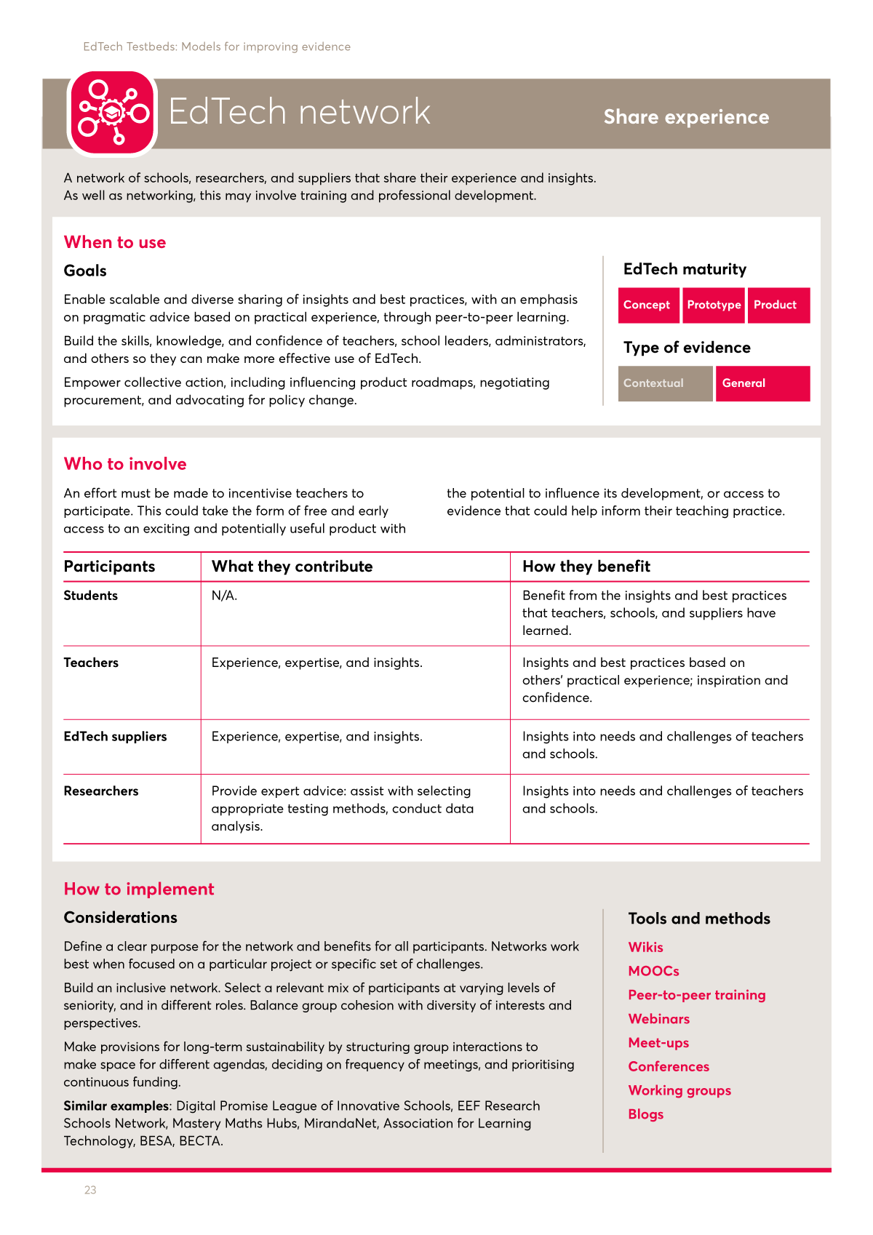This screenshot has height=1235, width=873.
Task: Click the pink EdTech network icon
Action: click(x=112, y=112)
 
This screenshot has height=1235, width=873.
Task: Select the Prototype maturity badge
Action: click(x=714, y=305)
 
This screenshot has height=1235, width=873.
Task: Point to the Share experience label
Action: click(x=686, y=117)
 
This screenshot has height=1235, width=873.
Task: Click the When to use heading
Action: click(x=115, y=242)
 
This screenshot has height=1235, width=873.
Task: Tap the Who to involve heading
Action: click(x=125, y=464)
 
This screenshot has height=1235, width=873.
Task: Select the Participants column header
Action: click(x=109, y=567)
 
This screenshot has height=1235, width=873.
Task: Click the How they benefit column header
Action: click(x=586, y=567)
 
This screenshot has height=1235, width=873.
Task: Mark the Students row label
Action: click(x=90, y=596)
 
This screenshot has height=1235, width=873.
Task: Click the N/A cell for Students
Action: click(x=224, y=596)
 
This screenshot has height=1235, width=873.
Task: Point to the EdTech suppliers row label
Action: click(x=115, y=737)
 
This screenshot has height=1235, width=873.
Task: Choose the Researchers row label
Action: click(x=100, y=791)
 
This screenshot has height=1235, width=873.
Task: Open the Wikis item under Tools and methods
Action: click(x=645, y=947)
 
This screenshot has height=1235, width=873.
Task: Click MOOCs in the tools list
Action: click(x=653, y=971)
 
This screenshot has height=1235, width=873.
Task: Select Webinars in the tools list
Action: click(x=658, y=1019)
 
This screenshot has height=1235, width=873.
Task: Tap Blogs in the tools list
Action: click(x=645, y=1114)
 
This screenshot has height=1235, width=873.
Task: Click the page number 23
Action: click(x=90, y=1190)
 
